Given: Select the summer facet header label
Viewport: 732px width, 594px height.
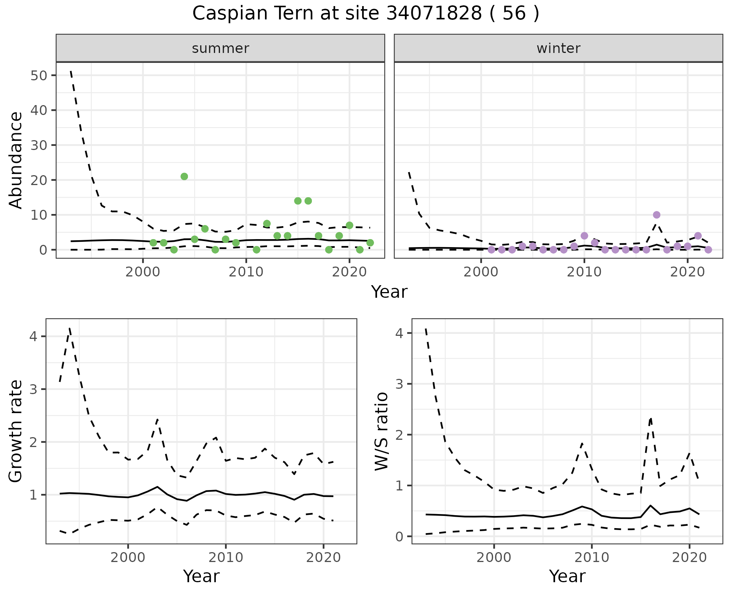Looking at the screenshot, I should click(x=220, y=48).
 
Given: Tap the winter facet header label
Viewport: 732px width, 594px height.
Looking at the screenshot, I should click(x=558, y=48).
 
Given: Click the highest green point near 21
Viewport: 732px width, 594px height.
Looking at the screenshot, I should click(x=184, y=176).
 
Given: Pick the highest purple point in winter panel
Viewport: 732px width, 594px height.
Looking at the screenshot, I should click(x=657, y=215).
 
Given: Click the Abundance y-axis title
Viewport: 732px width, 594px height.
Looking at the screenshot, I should click(x=16, y=160).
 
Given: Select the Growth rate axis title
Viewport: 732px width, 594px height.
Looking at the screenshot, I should click(x=16, y=431).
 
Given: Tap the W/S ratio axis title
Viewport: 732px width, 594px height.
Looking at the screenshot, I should click(x=381, y=431).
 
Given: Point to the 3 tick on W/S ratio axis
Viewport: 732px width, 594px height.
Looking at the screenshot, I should click(x=400, y=384).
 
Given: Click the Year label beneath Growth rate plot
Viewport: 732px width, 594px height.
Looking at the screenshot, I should click(x=201, y=576).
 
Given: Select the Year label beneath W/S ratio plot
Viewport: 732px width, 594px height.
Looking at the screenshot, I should click(x=567, y=576).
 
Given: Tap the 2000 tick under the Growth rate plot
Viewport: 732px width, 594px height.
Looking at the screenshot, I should click(x=128, y=558).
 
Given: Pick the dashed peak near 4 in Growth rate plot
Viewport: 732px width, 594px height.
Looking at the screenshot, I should click(x=69, y=328).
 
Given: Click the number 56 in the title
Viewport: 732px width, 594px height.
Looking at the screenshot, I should click(x=514, y=14).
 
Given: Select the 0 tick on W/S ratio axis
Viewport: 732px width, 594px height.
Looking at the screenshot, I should click(x=400, y=537).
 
